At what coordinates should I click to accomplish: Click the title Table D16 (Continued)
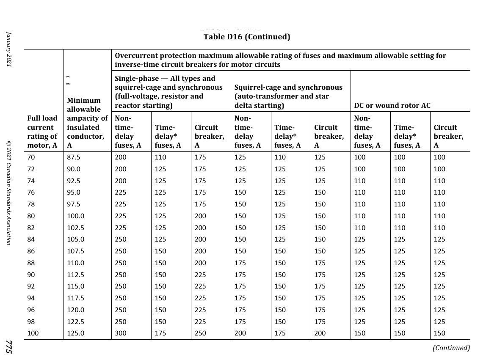pyautogui.click(x=247, y=37)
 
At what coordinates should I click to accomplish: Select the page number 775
pyautogui.click(x=8, y=347)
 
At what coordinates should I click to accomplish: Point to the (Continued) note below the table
pyautogui.click(x=451, y=348)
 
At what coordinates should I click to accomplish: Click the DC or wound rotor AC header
pyautogui.click(x=392, y=105)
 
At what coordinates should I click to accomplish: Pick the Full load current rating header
pyautogui.click(x=42, y=132)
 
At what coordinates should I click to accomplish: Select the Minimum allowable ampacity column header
pyautogui.click(x=87, y=123)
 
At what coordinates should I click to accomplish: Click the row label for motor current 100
pyautogui.click(x=33, y=333)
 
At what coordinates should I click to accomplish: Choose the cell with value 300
pyautogui.click(x=121, y=333)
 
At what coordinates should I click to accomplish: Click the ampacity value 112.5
pyautogui.click(x=76, y=275)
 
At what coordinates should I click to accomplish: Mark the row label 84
pyautogui.click(x=31, y=239)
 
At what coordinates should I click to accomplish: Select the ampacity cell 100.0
pyautogui.click(x=76, y=216)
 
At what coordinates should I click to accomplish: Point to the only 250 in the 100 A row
pyautogui.click(x=200, y=333)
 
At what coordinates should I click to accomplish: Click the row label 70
pyautogui.click(x=31, y=157)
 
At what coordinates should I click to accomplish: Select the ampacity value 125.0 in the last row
pyautogui.click(x=76, y=333)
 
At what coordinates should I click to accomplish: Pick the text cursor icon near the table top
pyautogui.click(x=68, y=80)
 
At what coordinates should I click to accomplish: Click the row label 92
pyautogui.click(x=31, y=286)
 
